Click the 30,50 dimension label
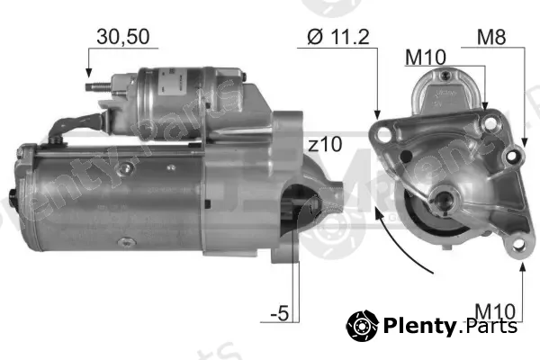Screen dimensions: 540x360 [x=123, y=37]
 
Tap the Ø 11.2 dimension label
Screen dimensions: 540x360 [x=338, y=37]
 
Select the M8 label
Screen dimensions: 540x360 [x=491, y=37]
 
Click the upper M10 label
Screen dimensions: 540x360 [x=426, y=58]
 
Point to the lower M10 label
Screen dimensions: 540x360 [x=495, y=311]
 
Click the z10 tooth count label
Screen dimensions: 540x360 [x=325, y=144]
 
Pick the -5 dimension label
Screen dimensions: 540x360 [x=280, y=313]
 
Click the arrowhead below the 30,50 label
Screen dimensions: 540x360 [x=89, y=73]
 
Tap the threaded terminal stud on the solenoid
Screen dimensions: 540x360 [x=98, y=86]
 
